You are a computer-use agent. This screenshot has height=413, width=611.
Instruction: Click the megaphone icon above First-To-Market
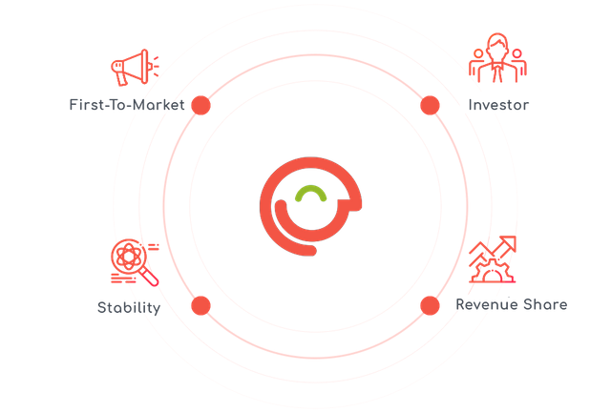[x=135, y=68]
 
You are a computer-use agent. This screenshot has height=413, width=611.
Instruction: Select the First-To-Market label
[x=127, y=105]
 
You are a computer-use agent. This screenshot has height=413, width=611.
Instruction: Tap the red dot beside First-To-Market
[x=201, y=106]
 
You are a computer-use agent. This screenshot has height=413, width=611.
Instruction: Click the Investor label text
[x=498, y=105]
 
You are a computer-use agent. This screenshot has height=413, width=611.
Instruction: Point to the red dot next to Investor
[x=431, y=106]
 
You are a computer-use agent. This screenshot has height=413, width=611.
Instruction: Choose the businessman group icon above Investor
[x=497, y=58]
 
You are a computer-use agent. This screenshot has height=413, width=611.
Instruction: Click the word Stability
[x=129, y=307]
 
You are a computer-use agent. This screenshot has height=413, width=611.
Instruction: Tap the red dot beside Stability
[x=201, y=305]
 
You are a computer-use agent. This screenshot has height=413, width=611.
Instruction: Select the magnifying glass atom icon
[x=135, y=262]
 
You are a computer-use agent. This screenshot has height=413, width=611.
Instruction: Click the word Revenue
[x=487, y=304]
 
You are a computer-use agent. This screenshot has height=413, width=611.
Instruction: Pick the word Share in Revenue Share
[x=545, y=304]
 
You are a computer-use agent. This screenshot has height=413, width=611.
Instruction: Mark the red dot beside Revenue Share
[x=431, y=305]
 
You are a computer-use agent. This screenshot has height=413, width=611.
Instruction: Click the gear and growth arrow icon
[x=493, y=259]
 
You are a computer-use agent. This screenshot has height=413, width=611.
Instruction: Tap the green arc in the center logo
[x=310, y=190]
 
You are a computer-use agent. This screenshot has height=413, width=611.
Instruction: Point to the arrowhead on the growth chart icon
[x=508, y=243]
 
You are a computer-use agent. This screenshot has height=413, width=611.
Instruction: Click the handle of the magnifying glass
[x=150, y=278]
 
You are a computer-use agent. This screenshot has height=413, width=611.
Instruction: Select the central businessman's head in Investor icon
[x=497, y=46]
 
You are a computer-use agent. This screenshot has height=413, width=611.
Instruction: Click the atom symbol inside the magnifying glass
[x=128, y=257]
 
